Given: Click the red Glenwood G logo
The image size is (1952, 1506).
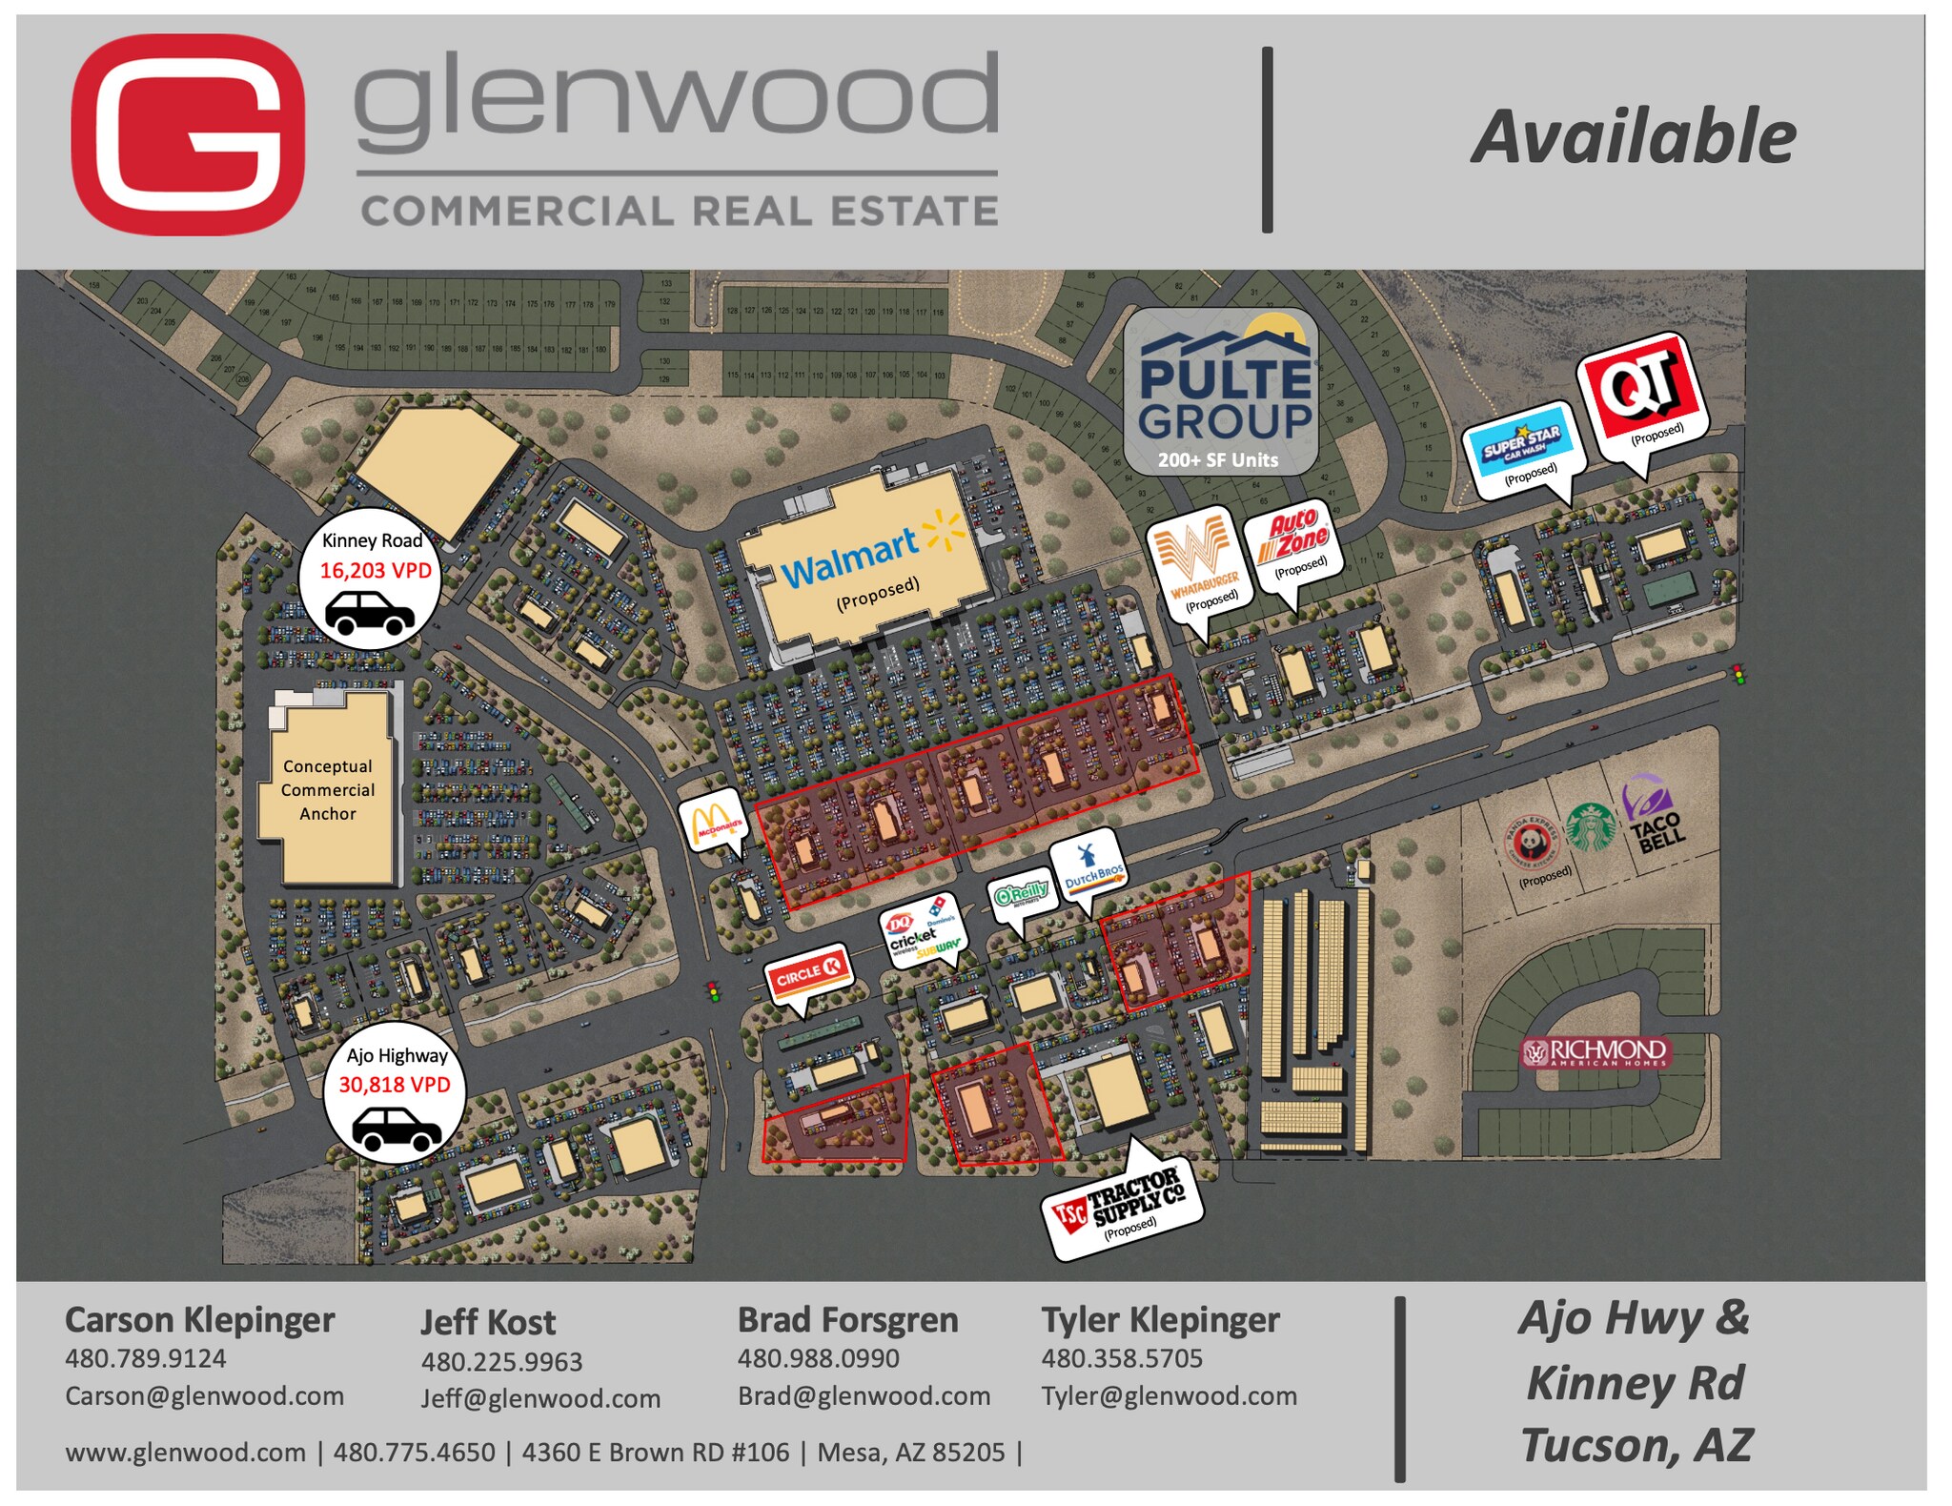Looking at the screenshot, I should tap(188, 134).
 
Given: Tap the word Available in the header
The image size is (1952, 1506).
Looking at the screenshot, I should tap(1633, 138).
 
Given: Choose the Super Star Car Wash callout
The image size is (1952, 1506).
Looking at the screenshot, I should tap(1522, 446).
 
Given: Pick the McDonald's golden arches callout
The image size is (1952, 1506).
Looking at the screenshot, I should tap(714, 822).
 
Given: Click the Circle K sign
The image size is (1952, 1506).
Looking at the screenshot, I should tap(805, 973).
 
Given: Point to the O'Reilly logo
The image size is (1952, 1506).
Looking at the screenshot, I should tap(1022, 895).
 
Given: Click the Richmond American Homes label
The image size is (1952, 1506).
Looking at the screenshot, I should tap(1596, 1052).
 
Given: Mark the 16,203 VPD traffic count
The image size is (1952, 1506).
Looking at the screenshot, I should tap(375, 570).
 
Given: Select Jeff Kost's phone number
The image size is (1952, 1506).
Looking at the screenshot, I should tap(501, 1361).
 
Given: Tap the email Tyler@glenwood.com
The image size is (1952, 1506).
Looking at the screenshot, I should tap(1169, 1395).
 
